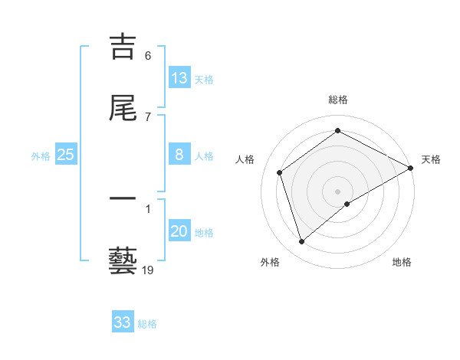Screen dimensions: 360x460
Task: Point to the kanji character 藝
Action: (x=123, y=260)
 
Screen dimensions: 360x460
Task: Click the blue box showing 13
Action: (x=179, y=77)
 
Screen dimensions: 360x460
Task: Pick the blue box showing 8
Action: (x=179, y=155)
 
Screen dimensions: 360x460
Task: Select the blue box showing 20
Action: (x=179, y=231)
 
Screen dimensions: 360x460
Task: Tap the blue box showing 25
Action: (x=66, y=155)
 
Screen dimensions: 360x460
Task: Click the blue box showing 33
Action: (x=123, y=322)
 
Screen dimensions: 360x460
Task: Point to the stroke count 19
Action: (x=148, y=270)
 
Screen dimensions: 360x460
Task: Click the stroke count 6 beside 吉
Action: (x=148, y=56)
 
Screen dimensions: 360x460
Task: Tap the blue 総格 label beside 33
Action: (x=147, y=324)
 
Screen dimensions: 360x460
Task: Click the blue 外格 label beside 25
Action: (x=41, y=155)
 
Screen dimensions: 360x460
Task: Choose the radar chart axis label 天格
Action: (x=431, y=159)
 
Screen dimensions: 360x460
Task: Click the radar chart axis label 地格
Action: (x=402, y=262)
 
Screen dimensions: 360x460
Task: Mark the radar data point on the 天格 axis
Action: (x=411, y=168)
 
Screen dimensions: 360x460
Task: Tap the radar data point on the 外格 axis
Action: (x=301, y=242)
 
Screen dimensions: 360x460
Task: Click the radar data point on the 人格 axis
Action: (x=280, y=172)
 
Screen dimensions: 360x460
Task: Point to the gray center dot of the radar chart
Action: (x=338, y=191)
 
